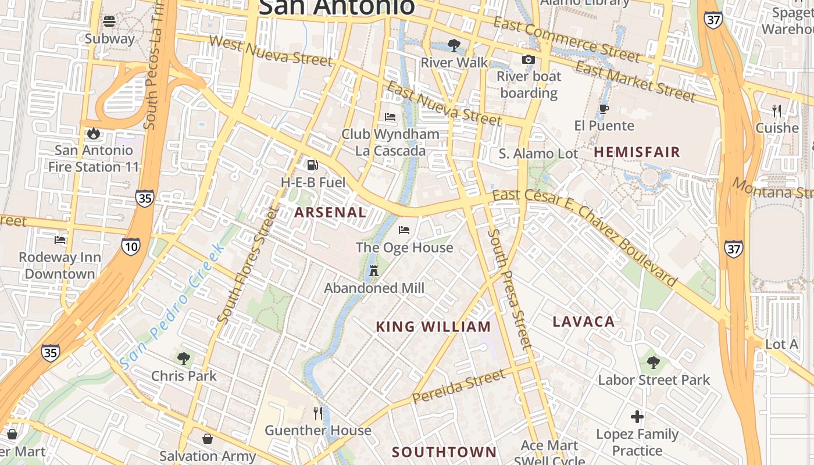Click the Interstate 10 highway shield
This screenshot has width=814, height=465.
[x=131, y=247]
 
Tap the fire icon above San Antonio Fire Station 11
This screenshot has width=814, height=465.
[x=94, y=134]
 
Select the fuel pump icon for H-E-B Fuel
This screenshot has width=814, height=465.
[x=313, y=165]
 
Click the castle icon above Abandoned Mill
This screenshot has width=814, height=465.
[x=374, y=271]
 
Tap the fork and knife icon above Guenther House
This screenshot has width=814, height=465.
[x=317, y=413]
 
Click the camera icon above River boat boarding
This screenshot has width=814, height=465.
[x=529, y=59]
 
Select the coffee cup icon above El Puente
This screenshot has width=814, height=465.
[x=604, y=109]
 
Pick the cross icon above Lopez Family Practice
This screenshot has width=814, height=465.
[x=637, y=417]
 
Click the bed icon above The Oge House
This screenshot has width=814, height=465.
[x=404, y=230]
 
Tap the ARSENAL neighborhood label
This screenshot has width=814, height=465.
[x=330, y=212]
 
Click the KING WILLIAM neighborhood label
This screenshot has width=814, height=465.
[x=433, y=327]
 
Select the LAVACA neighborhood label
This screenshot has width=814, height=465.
[x=583, y=321]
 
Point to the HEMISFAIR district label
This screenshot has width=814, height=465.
[x=637, y=152]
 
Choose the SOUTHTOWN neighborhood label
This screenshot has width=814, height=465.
[x=444, y=452]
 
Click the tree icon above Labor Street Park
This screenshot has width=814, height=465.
[x=654, y=363]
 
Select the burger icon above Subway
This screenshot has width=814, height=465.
[x=109, y=22]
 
